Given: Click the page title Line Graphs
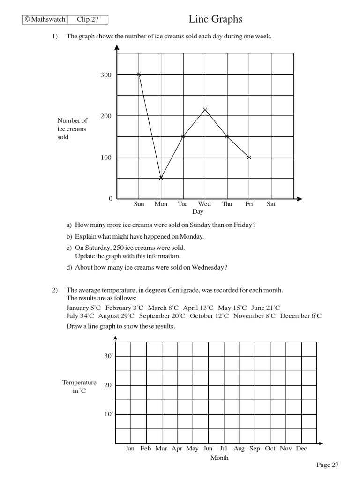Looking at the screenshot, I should [216, 19].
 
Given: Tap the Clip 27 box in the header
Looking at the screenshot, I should [87, 20].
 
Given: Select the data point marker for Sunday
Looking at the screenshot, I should [139, 74].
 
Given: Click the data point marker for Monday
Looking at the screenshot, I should [161, 178].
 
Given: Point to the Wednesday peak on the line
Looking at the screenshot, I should [205, 110].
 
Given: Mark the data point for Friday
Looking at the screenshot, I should [249, 157].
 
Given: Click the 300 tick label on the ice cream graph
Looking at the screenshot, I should [106, 75].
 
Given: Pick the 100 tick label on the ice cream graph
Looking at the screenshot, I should [106, 157].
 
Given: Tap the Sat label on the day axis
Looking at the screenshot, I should [271, 204].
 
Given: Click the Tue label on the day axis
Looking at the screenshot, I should [182, 204].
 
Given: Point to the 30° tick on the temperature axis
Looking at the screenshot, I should [108, 356].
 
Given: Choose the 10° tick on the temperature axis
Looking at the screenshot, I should [108, 414].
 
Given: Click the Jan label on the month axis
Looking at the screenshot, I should [130, 449].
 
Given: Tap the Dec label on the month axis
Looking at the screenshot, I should [301, 449].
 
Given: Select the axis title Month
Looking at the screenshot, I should [219, 457].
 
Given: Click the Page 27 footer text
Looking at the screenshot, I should [327, 465].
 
